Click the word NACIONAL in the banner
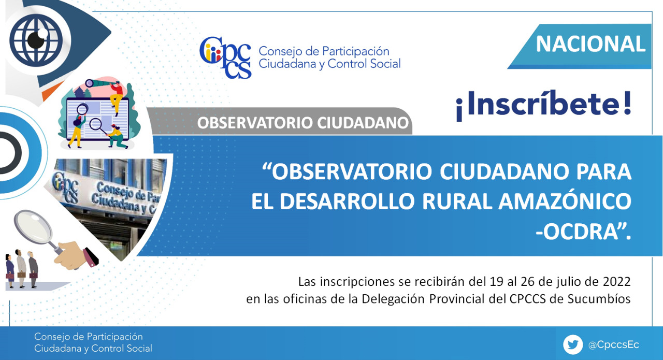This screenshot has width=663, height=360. coord(590,44)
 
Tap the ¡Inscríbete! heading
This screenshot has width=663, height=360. coord(544,105)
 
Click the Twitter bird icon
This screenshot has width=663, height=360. coord(573,344)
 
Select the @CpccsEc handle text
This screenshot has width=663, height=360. coord(614,345)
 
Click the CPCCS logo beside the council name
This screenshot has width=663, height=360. coord(225,57)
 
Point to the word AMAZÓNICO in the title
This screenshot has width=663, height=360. coord(565,201)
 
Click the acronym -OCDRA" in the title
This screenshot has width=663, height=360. coord(583,231)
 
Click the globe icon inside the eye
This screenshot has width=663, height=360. coord(36,40)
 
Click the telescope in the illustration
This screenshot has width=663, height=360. coord(98,83)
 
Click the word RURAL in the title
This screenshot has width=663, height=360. coord(457,201)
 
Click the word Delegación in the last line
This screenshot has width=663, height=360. coord(393,299)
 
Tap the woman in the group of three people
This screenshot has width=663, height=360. coord(10,270)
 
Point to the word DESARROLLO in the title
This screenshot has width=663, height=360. coord(347,201)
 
